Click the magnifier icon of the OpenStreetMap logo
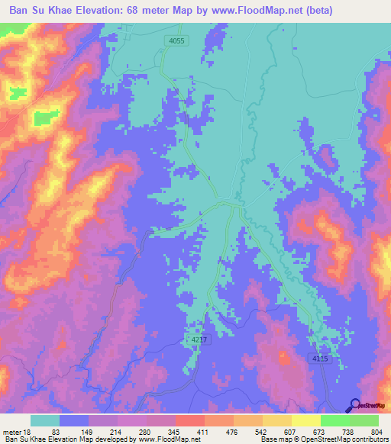tap(354, 407)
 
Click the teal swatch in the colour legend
tap(45, 421)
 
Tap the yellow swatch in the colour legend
tap(277, 421)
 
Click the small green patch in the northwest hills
tap(45, 117)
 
